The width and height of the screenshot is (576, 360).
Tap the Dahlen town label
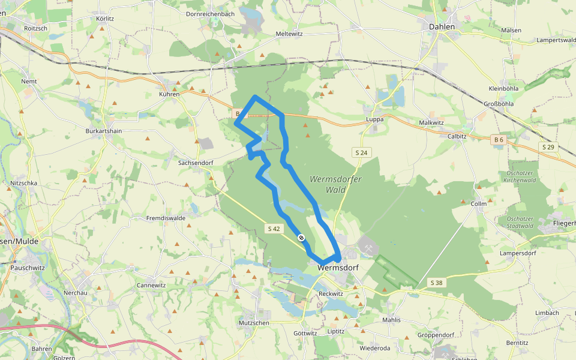pyautogui.click(x=442, y=26)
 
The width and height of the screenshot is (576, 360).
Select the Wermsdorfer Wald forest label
pyautogui.click(x=328, y=184)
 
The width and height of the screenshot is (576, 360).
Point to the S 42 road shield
pyautogui.click(x=274, y=228)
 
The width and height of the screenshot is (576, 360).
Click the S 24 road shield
pyautogui.click(x=361, y=153)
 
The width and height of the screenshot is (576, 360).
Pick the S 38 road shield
pyautogui.click(x=436, y=282)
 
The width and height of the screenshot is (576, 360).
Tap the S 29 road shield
pyautogui.click(x=547, y=147)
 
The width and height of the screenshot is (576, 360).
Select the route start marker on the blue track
pyautogui.click(x=301, y=238)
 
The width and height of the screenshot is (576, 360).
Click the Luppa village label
pyautogui.click(x=374, y=119)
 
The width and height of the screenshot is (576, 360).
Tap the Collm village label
pyautogui.click(x=478, y=203)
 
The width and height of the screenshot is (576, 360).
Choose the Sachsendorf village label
pyautogui.click(x=196, y=163)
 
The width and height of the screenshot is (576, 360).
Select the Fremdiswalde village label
pyautogui.click(x=166, y=218)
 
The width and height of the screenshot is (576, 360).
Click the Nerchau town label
pyautogui.click(x=76, y=293)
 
